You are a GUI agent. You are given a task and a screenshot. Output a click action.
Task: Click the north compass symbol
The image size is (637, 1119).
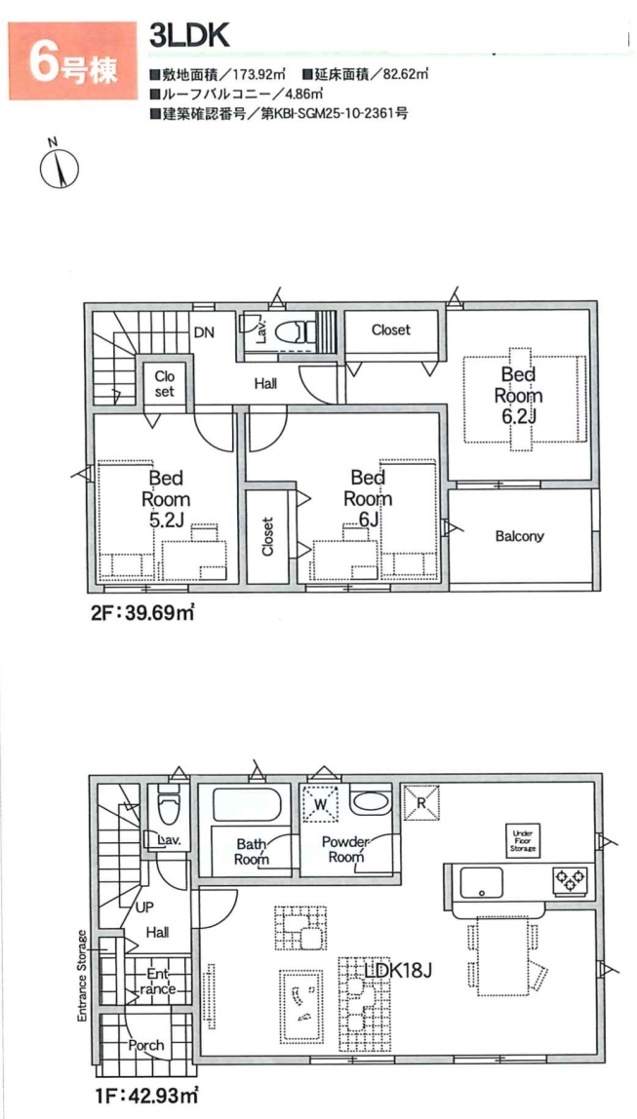click(x=59, y=165)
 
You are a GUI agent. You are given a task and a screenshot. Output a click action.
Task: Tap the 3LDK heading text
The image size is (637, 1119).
click(x=188, y=37)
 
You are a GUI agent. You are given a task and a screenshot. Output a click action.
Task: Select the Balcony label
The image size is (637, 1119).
click(x=520, y=536)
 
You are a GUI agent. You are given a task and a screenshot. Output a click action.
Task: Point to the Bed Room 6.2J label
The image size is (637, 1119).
click(x=521, y=395)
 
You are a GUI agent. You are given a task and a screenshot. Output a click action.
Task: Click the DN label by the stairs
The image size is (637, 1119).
click(x=204, y=331)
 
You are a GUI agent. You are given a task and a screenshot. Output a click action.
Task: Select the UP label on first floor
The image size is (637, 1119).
click(x=145, y=907)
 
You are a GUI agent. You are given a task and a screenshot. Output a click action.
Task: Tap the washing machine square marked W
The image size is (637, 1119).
click(x=323, y=802)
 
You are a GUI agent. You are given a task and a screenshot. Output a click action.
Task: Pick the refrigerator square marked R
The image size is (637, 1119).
click(x=420, y=802)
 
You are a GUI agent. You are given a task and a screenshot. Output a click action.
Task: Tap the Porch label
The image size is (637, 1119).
click(x=146, y=1046)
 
